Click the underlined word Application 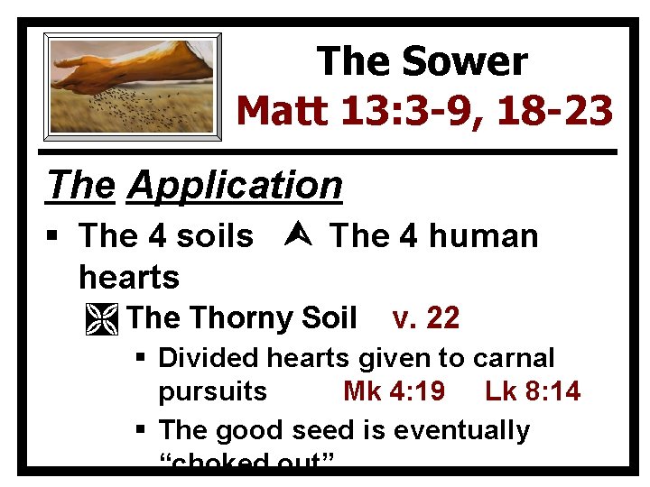pos(236,186)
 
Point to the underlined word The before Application pos(82,186)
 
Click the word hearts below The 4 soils pos(129,276)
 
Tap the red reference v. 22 pos(426,318)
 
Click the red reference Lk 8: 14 pos(533,391)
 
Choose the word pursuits pos(213,392)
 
